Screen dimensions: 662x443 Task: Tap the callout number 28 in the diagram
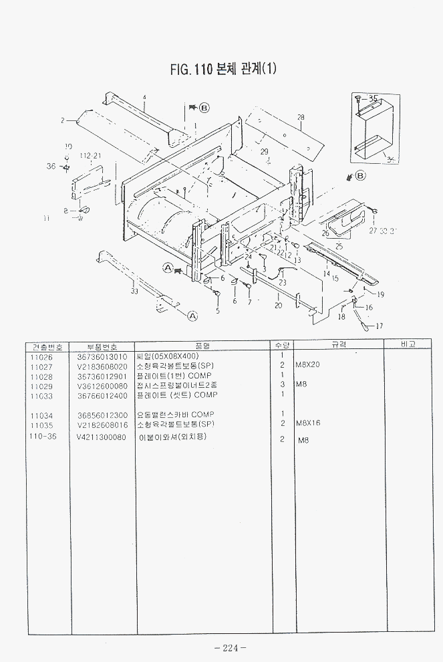301,118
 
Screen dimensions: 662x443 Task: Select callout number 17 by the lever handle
379,326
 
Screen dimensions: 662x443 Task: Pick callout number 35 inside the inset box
373,98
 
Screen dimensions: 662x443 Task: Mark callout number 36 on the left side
51,167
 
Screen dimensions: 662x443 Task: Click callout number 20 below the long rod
278,306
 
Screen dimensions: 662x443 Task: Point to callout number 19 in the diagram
380,295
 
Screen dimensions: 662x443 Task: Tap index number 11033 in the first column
41,396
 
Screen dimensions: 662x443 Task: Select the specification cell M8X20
308,366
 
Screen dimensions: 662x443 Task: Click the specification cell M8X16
308,424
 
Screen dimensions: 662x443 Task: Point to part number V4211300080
102,437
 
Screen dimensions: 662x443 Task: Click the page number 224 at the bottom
230,647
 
